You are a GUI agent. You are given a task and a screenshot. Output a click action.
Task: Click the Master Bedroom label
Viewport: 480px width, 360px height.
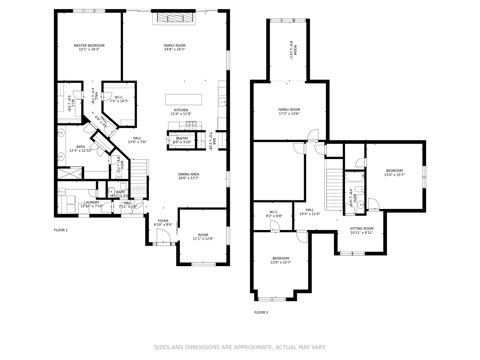(89, 46)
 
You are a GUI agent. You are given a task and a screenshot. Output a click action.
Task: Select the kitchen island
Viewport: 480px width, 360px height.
(183, 99)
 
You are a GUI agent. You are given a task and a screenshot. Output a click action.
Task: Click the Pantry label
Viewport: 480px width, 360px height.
(182, 138)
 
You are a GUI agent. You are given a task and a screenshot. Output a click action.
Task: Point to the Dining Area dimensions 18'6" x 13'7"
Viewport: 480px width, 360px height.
(188, 178)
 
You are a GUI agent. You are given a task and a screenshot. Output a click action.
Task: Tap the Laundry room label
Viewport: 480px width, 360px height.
(92, 202)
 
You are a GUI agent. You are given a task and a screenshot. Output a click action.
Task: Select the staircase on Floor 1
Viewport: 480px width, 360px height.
(139, 178)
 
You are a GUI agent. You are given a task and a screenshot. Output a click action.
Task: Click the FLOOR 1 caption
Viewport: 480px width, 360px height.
(61, 230)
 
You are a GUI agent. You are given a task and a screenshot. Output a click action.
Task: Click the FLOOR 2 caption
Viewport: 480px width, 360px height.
(261, 312)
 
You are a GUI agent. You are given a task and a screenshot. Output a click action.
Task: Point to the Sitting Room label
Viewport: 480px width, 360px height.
(361, 229)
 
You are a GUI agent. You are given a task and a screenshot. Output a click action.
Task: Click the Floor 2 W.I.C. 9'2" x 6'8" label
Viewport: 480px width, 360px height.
(274, 212)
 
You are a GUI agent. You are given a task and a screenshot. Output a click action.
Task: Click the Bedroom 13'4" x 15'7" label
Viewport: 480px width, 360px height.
(394, 171)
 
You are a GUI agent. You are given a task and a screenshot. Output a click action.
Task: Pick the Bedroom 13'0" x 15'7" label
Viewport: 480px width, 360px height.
(281, 258)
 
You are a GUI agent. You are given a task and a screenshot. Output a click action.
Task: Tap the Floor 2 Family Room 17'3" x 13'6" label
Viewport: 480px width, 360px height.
(289, 110)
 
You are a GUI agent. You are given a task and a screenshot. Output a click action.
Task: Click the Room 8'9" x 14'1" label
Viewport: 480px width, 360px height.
(293, 50)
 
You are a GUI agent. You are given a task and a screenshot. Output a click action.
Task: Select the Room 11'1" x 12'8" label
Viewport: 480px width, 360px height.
(203, 235)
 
